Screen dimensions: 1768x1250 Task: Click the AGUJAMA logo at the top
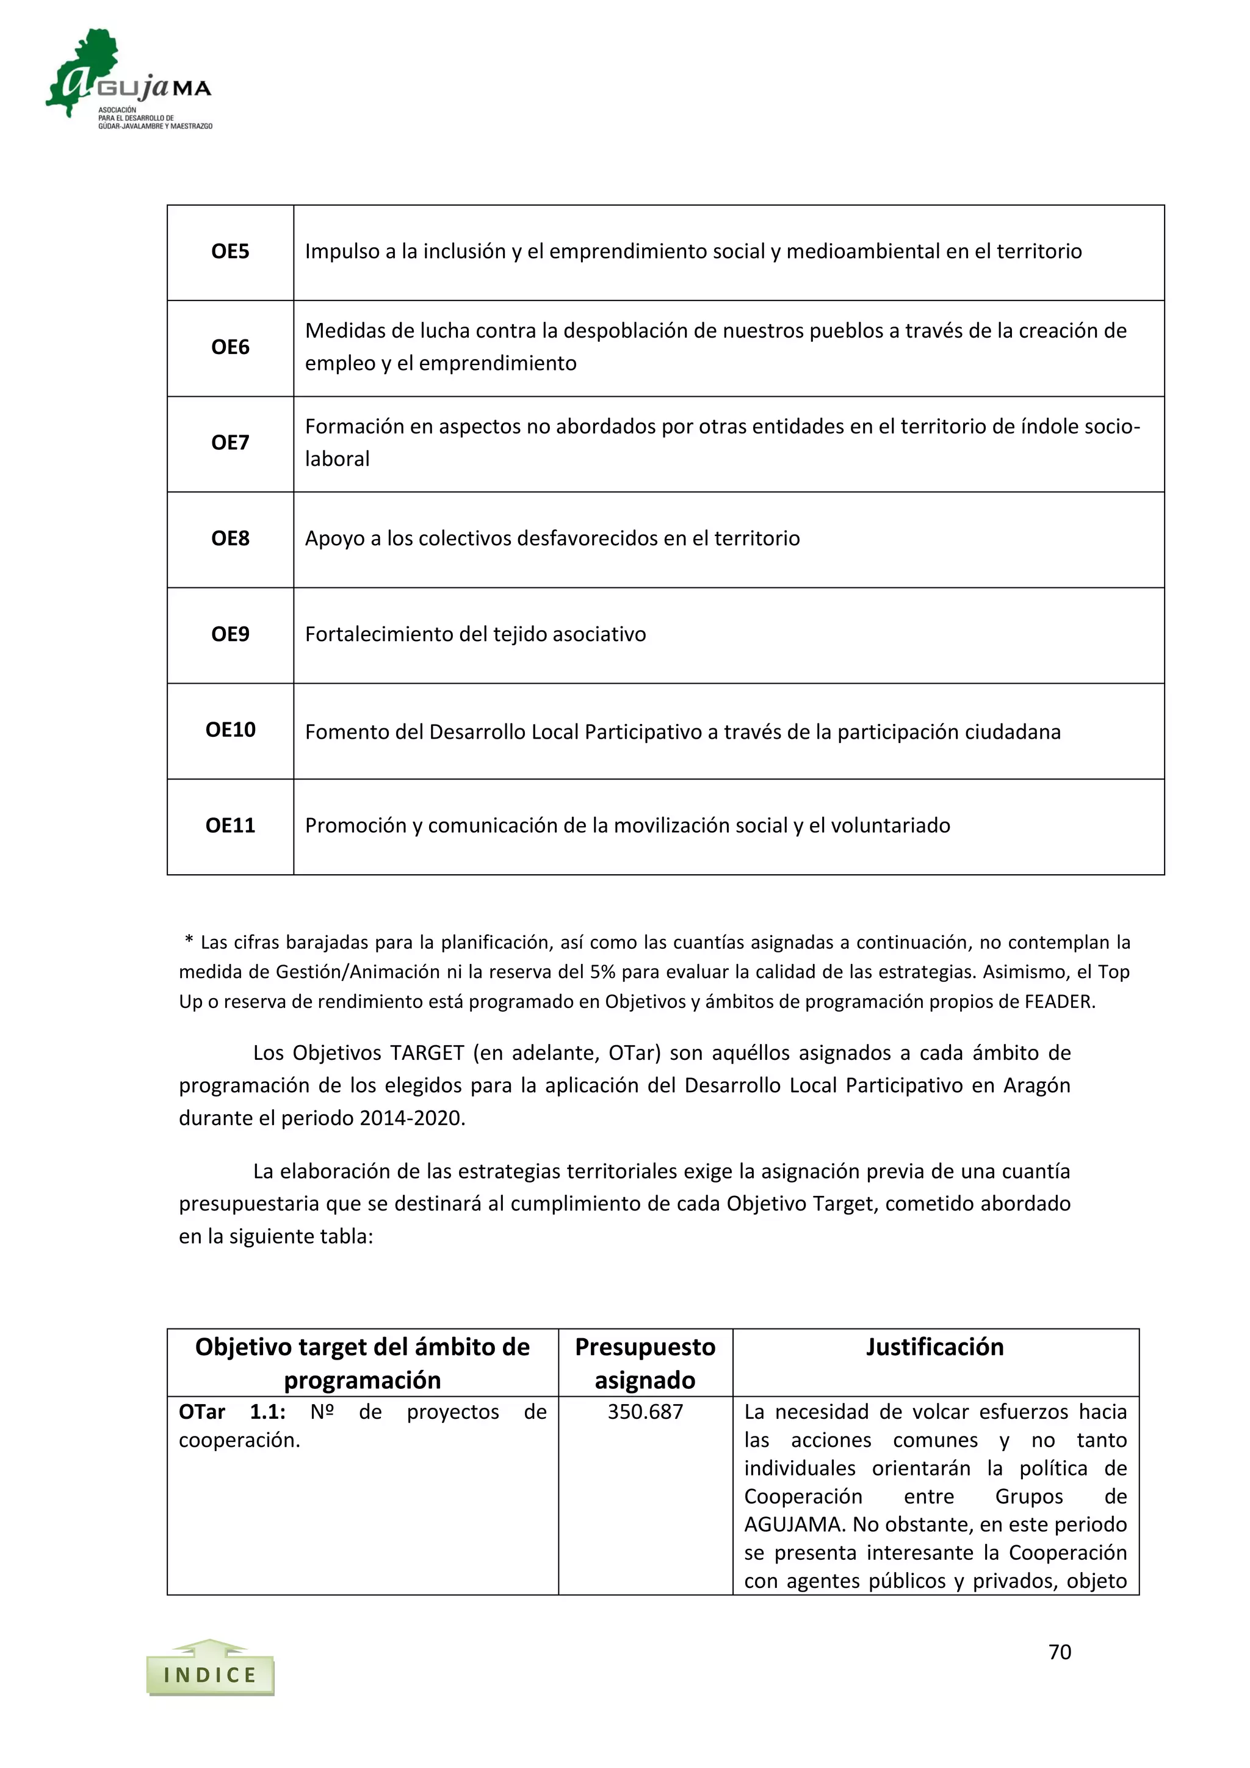[129, 79]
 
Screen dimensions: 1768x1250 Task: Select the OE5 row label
[230, 252]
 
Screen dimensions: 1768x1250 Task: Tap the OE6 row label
[230, 347]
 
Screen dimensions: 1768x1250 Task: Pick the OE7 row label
[230, 443]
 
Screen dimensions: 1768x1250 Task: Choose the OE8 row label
[230, 538]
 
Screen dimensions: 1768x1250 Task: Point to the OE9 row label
[230, 634]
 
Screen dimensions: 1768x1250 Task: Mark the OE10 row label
[230, 730]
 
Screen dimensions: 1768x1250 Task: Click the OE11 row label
[230, 825]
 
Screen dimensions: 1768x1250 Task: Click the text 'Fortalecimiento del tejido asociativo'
[475, 634]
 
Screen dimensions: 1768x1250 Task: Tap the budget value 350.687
[645, 1411]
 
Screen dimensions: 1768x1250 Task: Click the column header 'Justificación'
[934, 1347]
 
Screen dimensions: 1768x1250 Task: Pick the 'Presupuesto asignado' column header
[645, 1363]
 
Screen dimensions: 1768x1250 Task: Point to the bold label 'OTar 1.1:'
[232, 1411]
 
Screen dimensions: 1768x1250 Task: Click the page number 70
[1059, 1652]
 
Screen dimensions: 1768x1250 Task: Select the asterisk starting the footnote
[189, 941]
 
